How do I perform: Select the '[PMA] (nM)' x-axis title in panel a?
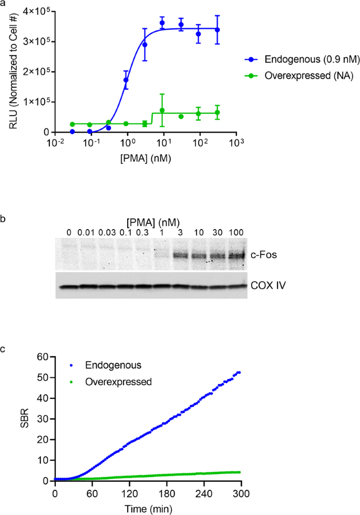[145, 157]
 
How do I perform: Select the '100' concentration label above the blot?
[237, 232]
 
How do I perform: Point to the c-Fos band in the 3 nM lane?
[181, 255]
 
